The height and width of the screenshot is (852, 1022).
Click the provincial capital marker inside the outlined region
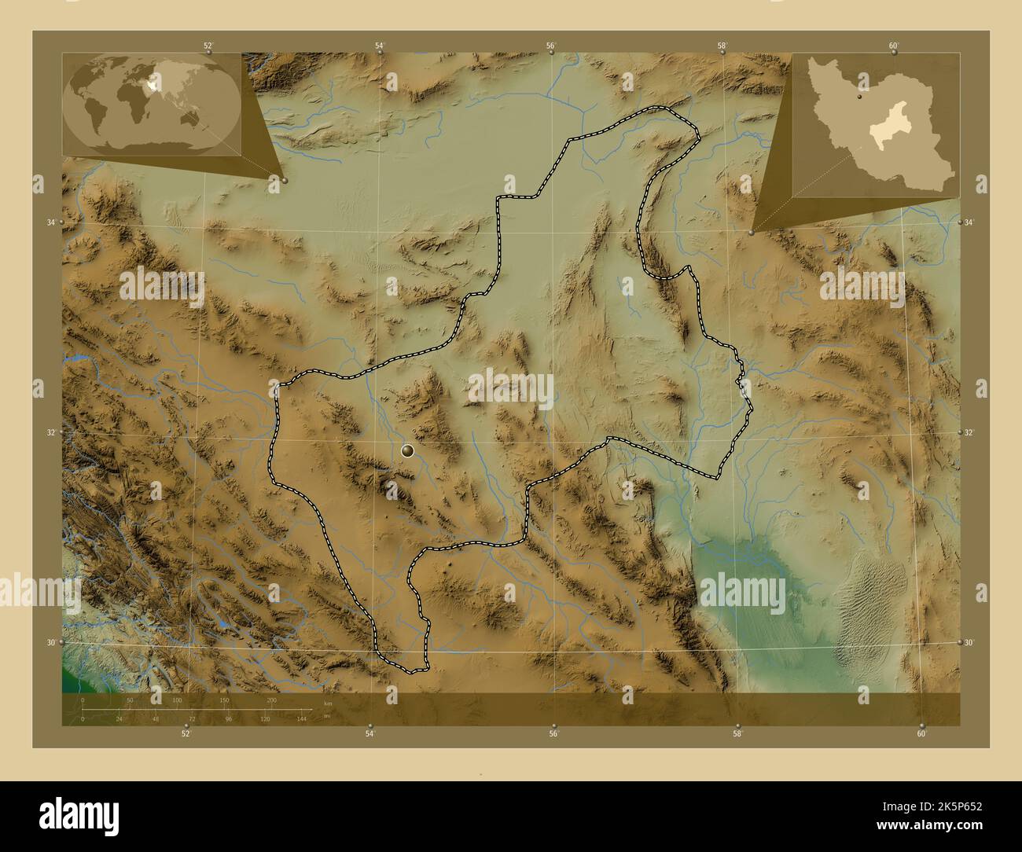pos(407,450)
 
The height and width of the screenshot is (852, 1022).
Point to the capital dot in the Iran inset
pos(860,98)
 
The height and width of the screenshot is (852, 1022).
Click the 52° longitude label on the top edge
pos(208,46)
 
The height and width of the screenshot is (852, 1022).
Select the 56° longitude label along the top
pos(552,46)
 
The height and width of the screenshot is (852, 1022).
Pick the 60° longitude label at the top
pos(894,46)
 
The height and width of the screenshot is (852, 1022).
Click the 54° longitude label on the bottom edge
pos(369,734)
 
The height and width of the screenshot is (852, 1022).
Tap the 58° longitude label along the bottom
pos(737,734)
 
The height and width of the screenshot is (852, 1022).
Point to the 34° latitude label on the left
pos(50,223)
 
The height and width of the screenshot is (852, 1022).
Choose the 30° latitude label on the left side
pos(50,642)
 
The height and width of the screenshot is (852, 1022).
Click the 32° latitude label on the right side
pos(969,433)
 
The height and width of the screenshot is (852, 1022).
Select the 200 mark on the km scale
pos(271,700)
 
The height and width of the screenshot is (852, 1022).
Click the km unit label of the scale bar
pos(328,703)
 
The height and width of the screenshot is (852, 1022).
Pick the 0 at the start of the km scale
pos(83,700)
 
